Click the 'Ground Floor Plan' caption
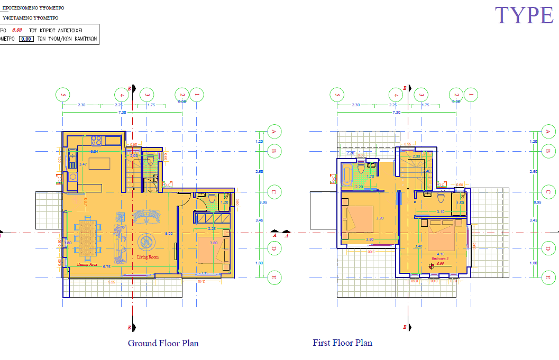coord(163,343)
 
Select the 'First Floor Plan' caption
coord(342,343)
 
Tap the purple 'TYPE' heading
coord(524,15)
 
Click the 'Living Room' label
coord(148,257)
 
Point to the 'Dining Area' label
coord(87,264)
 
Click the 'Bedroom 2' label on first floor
coord(439,259)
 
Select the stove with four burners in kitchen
coord(96,141)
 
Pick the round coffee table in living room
coord(145,242)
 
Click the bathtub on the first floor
coord(347,176)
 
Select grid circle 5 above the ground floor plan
coord(63,95)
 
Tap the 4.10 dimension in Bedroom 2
coord(440,254)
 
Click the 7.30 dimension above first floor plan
coord(396,113)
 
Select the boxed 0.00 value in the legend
coord(26,39)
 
